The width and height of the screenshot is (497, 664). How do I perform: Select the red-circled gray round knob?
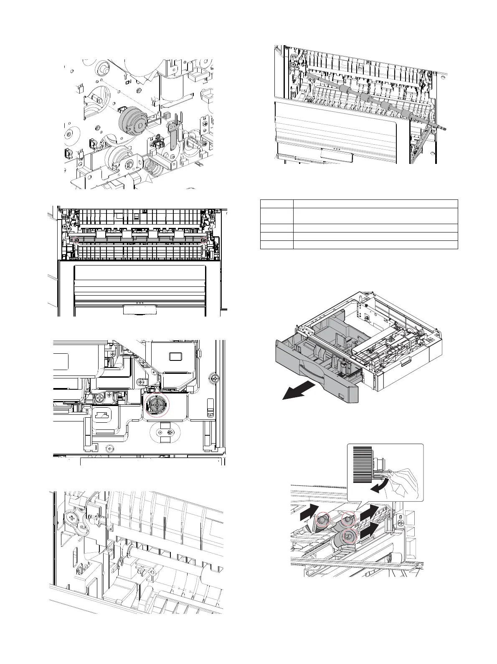157,404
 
